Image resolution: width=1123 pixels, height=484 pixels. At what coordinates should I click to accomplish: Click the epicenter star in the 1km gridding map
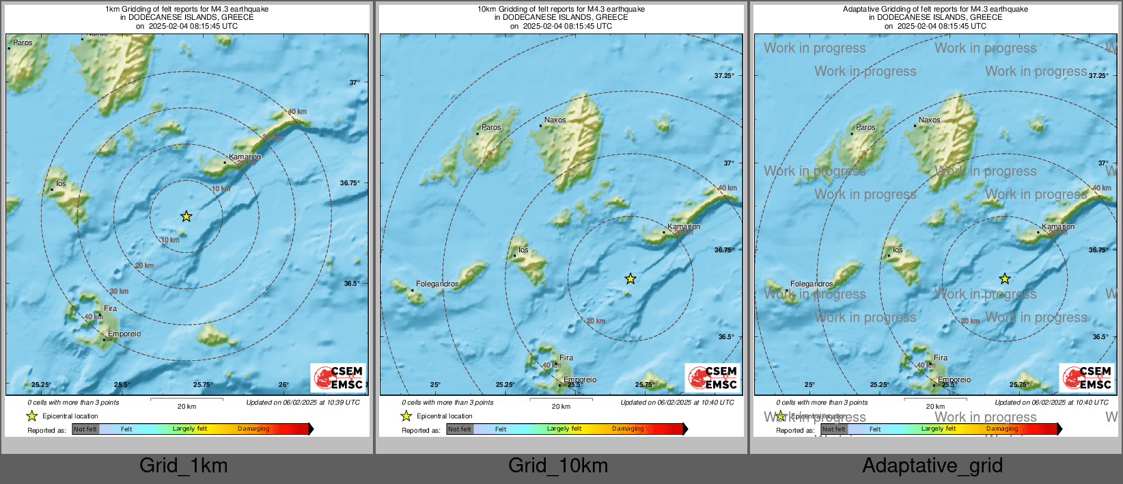[186, 217]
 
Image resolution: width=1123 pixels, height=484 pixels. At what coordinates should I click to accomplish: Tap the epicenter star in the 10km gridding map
[630, 279]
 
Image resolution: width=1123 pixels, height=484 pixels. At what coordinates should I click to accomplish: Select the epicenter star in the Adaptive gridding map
[1005, 279]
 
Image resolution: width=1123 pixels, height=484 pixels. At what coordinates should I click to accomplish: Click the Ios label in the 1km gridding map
[61, 183]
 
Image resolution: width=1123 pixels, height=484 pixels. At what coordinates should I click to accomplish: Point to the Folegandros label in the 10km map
[437, 284]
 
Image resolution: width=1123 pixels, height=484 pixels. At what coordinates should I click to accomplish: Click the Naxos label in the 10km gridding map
[555, 120]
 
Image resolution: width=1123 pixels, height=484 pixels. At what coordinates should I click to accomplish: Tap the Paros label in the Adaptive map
[865, 127]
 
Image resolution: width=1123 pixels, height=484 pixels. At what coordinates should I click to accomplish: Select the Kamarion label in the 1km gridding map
[245, 157]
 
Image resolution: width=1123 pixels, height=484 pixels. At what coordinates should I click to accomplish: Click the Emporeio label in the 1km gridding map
[124, 334]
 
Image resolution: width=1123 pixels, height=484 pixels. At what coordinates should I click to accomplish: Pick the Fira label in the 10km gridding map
[566, 358]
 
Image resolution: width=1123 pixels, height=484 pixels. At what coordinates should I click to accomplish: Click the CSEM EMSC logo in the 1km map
[339, 377]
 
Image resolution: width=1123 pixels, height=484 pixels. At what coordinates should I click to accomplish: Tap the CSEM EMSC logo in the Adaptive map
[1087, 377]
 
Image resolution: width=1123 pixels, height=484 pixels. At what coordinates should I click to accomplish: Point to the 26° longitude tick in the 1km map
[283, 384]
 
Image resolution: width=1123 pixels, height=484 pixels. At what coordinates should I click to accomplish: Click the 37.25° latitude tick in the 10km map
[723, 76]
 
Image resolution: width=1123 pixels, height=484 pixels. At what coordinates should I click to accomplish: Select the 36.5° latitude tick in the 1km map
[351, 284]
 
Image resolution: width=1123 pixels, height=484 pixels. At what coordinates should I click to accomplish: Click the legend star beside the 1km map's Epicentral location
[32, 416]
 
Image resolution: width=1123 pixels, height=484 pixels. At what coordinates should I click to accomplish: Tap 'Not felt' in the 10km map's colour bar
[460, 429]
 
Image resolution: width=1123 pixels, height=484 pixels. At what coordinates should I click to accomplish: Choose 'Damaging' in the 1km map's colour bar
[253, 429]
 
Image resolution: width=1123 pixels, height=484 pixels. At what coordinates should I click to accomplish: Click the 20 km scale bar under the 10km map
[561, 399]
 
